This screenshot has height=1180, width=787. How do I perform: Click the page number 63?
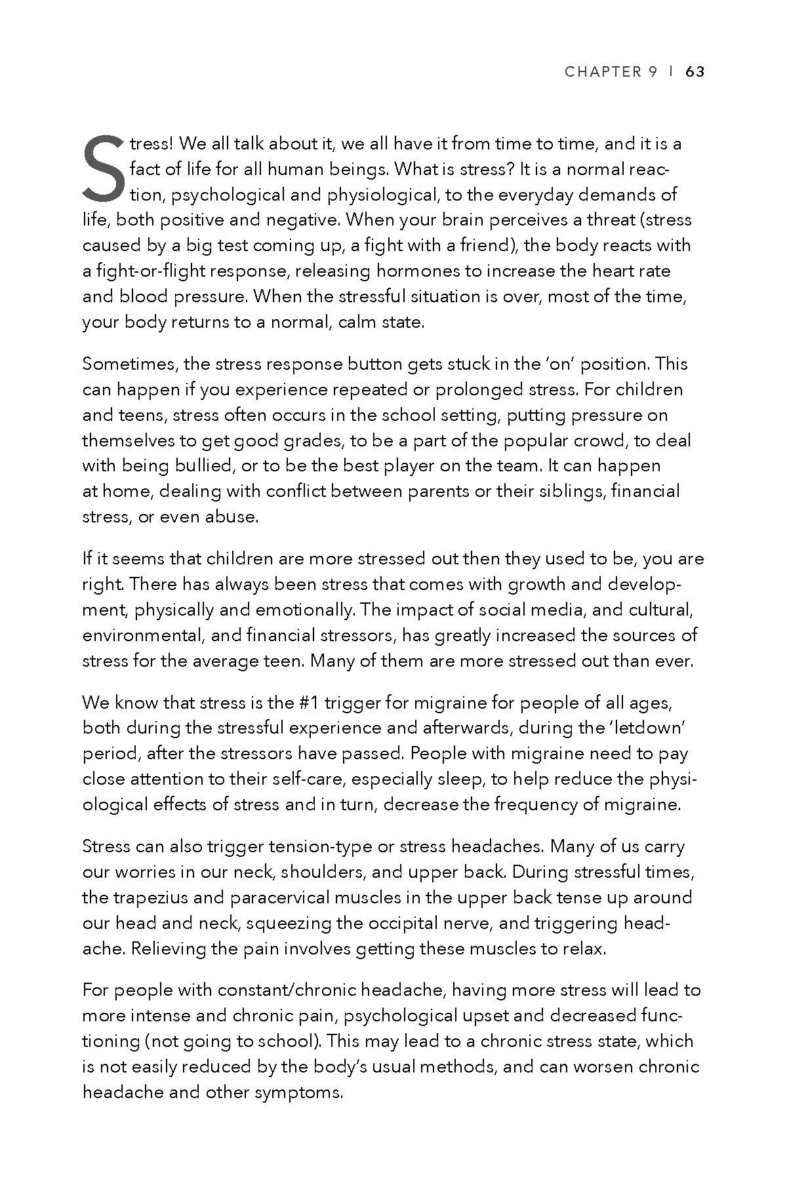click(695, 72)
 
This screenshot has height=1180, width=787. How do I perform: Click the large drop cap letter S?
click(103, 168)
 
